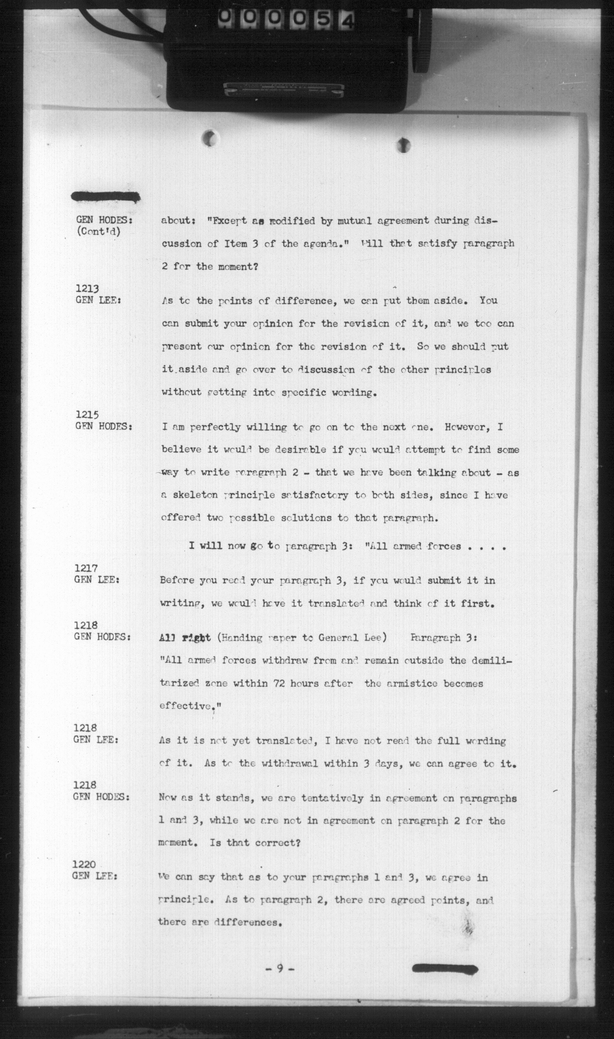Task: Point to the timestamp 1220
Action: [84, 864]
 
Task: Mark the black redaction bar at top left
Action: [106, 197]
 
